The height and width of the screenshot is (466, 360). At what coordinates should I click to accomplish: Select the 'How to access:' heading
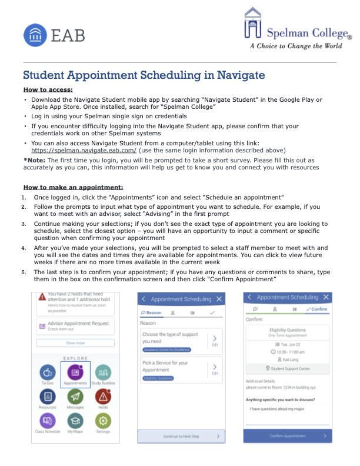point(48,89)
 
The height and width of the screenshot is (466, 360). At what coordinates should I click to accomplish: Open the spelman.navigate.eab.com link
point(82,151)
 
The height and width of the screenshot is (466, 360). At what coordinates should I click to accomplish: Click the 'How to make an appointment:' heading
point(73,187)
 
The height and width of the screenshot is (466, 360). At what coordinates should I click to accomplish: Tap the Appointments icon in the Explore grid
point(75,372)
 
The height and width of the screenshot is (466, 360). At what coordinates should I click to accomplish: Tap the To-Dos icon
point(48,372)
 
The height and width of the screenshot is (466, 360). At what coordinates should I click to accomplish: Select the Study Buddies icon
point(103,372)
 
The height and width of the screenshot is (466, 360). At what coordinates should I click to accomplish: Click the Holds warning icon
point(103,397)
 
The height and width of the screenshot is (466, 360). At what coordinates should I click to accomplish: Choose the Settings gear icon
point(103,421)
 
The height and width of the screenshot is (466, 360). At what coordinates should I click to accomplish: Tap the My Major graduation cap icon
point(75,421)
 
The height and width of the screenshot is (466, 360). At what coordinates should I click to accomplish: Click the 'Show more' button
point(75,342)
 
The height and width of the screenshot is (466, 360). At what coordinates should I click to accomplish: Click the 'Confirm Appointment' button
point(288,436)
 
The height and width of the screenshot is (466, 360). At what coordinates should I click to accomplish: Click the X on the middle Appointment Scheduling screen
point(219,299)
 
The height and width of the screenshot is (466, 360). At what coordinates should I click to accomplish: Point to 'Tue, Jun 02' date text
point(288,344)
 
